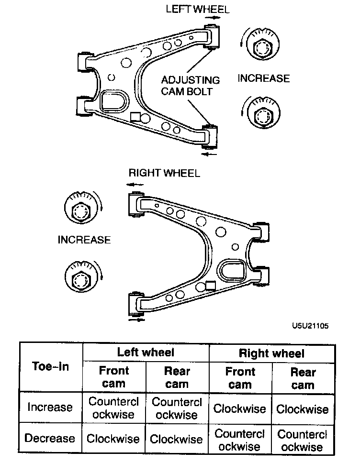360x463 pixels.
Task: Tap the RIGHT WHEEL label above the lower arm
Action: pyautogui.click(x=164, y=173)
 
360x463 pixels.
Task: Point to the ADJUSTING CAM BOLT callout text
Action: pyautogui.click(x=191, y=86)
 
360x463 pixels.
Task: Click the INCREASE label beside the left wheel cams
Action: pyautogui.click(x=264, y=78)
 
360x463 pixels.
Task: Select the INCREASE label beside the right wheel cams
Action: pyautogui.click(x=84, y=240)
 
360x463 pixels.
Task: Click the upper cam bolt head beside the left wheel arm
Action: pyautogui.click(x=261, y=48)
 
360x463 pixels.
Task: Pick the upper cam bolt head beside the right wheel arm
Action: pyautogui.click(x=80, y=210)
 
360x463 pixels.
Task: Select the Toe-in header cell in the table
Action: pyautogui.click(x=50, y=366)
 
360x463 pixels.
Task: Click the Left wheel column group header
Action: pyautogui.click(x=146, y=353)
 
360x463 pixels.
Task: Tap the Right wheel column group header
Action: pyautogui.click(x=271, y=353)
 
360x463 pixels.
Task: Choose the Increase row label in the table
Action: pyautogui.click(x=50, y=408)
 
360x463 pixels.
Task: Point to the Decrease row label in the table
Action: pyautogui.click(x=50, y=438)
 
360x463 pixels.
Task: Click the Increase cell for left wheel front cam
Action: pyautogui.click(x=114, y=408)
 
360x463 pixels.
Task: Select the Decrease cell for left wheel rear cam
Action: pyautogui.click(x=177, y=439)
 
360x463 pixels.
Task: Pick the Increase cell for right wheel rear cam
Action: pyautogui.click(x=303, y=409)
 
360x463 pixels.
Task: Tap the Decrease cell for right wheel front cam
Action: pyautogui.click(x=239, y=440)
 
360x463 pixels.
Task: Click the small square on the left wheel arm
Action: pyautogui.click(x=135, y=117)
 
